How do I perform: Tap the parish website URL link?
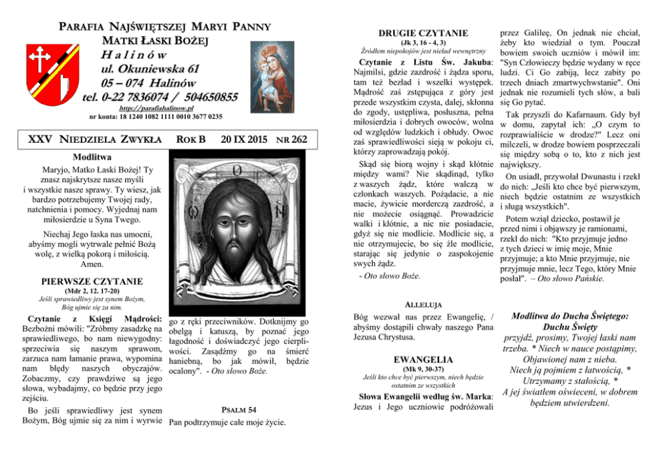click(x=156, y=107)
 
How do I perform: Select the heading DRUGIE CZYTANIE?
click(x=414, y=33)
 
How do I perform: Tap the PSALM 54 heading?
click(x=238, y=409)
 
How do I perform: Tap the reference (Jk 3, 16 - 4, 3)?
click(x=414, y=43)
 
